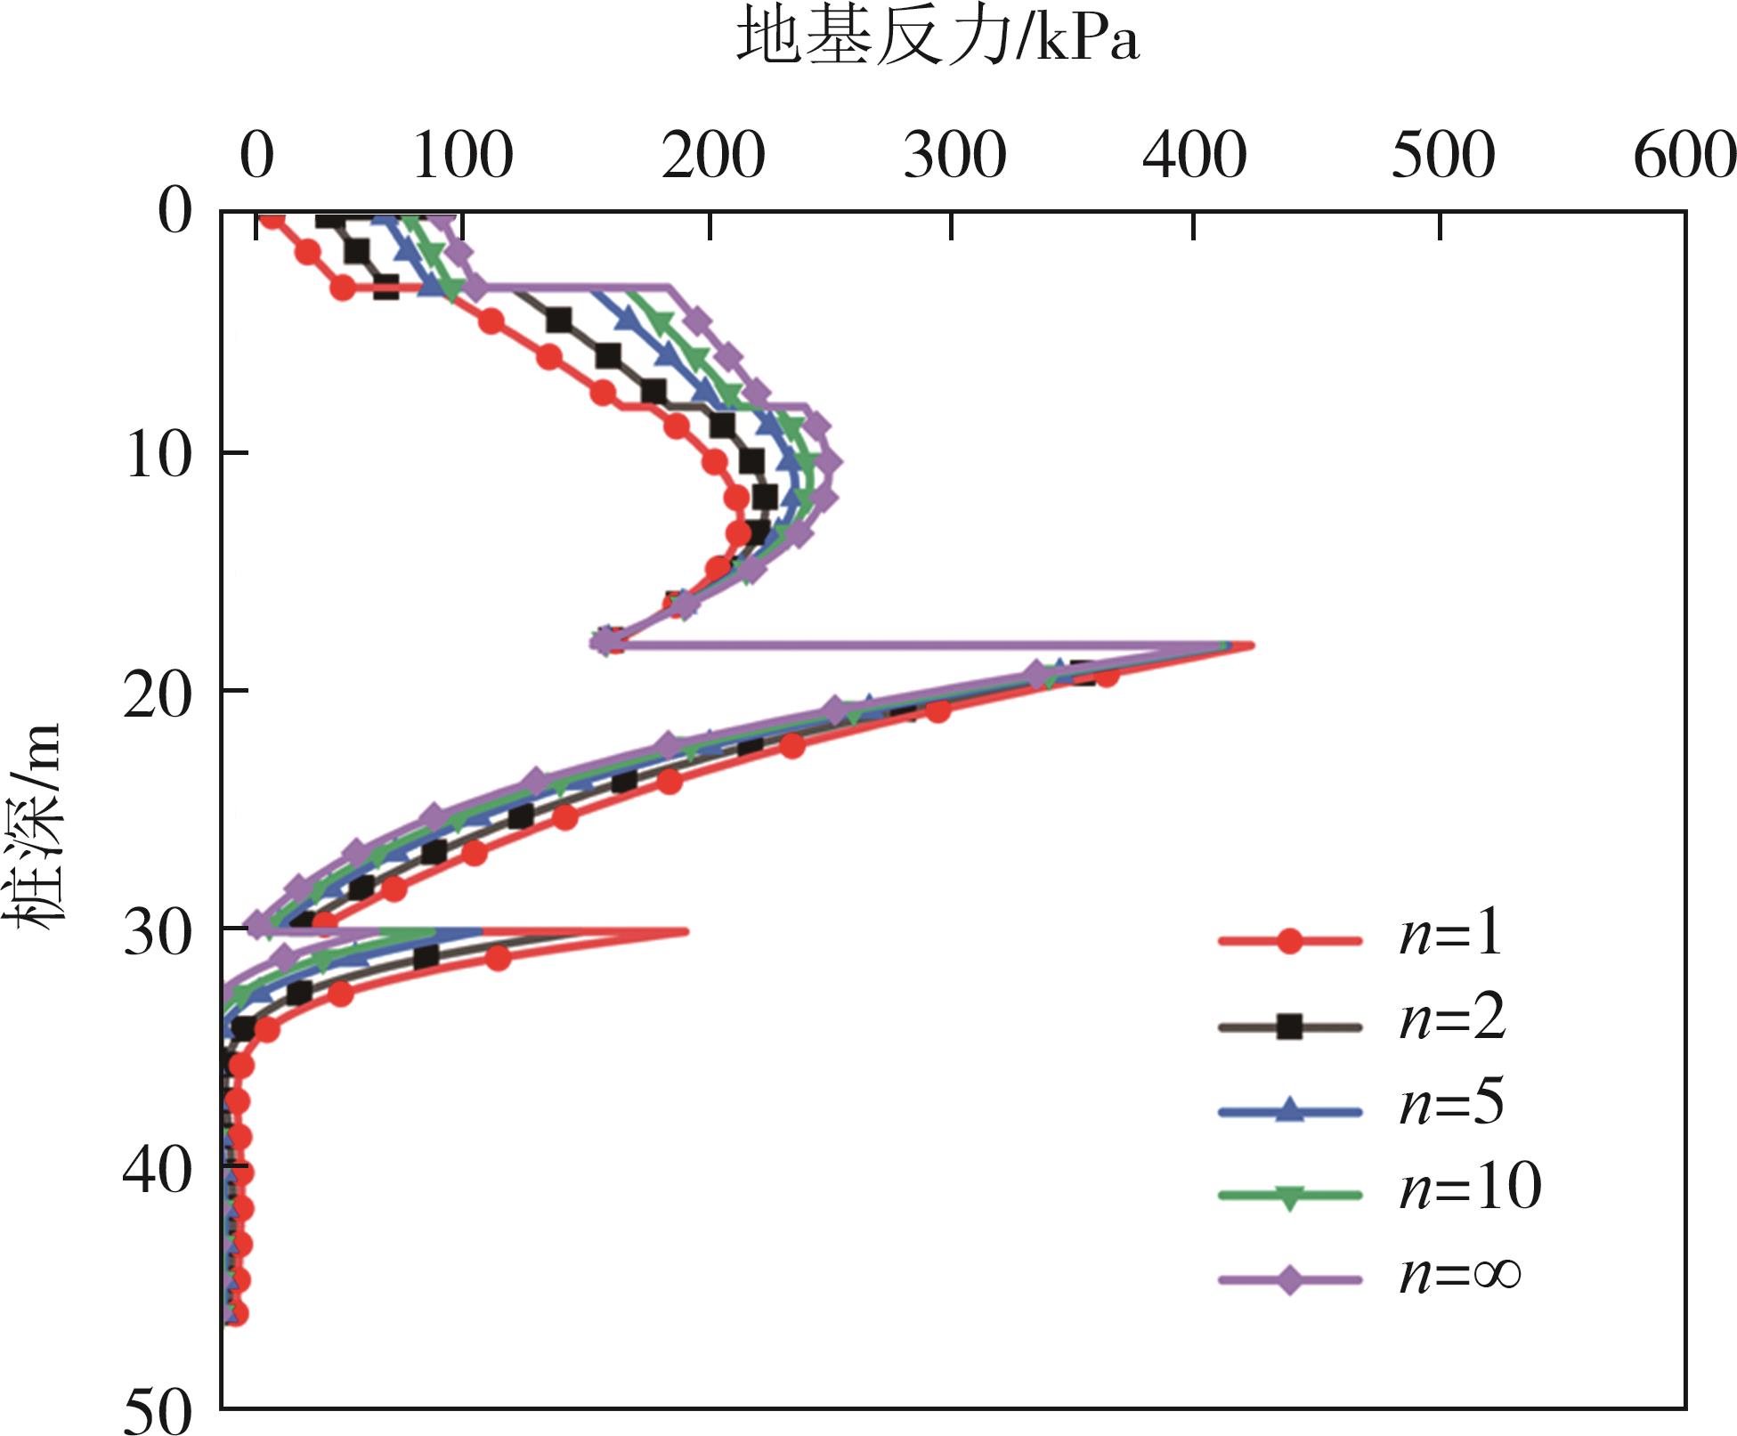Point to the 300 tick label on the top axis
click(x=954, y=157)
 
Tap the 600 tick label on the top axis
click(x=1684, y=157)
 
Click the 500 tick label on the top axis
click(x=1442, y=157)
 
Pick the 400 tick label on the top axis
click(x=1194, y=157)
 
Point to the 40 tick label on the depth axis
click(x=158, y=1169)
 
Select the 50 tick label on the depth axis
click(x=158, y=1411)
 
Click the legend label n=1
click(x=1450, y=935)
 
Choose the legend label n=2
click(x=1452, y=1018)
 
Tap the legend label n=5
click(x=1451, y=1103)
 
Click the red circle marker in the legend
click(x=1289, y=940)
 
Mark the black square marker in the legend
click(x=1289, y=1026)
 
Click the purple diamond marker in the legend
click(x=1289, y=1280)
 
